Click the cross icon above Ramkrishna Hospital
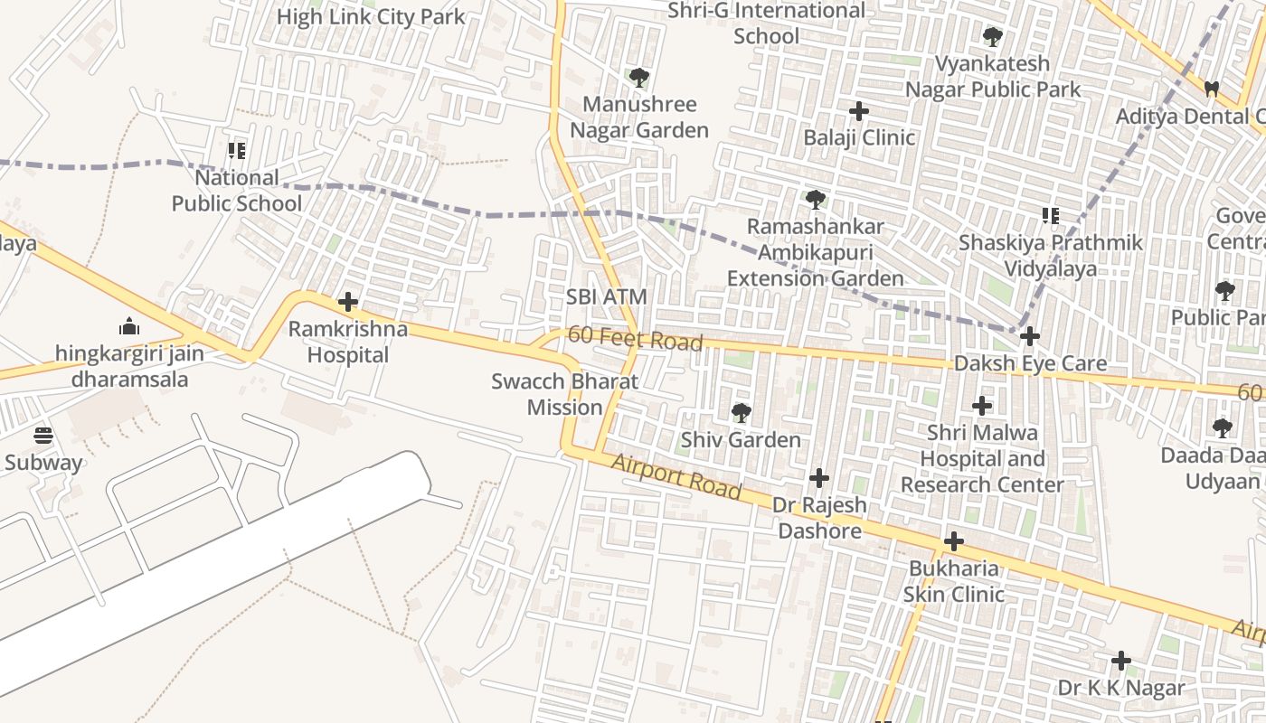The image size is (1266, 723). (x=348, y=302)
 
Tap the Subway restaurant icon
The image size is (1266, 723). (x=43, y=436)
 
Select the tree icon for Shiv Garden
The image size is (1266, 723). (x=741, y=413)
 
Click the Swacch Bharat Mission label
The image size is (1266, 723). (x=564, y=394)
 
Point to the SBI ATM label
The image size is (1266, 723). (x=607, y=296)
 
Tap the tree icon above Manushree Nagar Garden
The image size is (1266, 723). (x=639, y=78)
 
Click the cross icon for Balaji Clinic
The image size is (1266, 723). (x=859, y=111)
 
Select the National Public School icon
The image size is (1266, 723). (x=237, y=150)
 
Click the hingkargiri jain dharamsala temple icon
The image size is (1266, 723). (x=129, y=326)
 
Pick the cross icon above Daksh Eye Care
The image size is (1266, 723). (x=1029, y=337)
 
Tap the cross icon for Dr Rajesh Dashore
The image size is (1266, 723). (x=819, y=478)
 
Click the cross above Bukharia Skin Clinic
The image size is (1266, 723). (x=953, y=542)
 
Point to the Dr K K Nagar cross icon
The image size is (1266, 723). (x=1121, y=661)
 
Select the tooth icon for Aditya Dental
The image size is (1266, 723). (x=1212, y=89)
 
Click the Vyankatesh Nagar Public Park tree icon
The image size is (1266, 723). (x=992, y=37)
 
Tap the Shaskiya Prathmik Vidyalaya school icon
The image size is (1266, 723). (x=1050, y=216)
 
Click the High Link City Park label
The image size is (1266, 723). (x=371, y=17)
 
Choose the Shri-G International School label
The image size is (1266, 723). (x=766, y=23)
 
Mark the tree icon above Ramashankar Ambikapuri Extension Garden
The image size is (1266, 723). (x=815, y=199)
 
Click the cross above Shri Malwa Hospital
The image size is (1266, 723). (x=982, y=406)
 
